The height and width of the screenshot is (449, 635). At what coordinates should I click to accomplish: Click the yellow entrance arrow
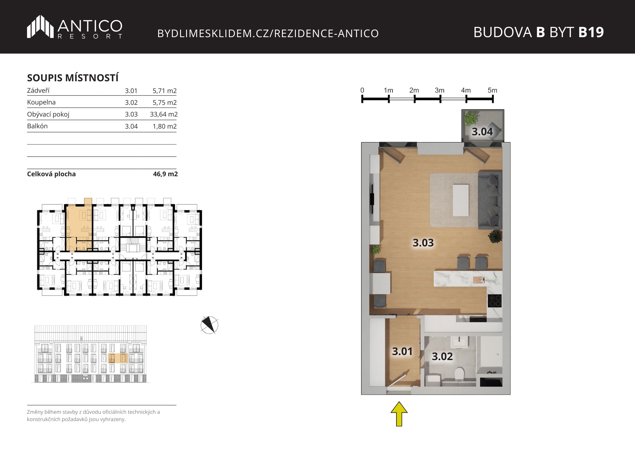[x=399, y=414]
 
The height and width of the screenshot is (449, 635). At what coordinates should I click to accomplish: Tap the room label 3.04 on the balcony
[x=482, y=131]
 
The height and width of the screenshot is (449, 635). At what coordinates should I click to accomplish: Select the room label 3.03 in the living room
[x=423, y=243]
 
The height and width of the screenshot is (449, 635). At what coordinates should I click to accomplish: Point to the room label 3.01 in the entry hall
[x=402, y=351]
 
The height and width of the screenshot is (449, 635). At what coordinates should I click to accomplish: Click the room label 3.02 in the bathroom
[x=442, y=356]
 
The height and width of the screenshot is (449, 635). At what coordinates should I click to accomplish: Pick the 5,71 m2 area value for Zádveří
[x=164, y=91]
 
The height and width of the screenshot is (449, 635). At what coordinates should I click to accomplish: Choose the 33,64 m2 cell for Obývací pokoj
[x=164, y=114]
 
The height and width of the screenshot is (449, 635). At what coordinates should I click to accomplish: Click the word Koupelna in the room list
[x=41, y=102]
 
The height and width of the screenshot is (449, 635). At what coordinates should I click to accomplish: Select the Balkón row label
[x=37, y=126]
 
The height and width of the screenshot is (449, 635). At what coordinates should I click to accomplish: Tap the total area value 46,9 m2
[x=165, y=174]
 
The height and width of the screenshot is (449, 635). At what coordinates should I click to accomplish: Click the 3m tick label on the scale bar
[x=439, y=90]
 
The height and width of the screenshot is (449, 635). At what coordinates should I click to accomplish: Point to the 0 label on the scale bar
[x=362, y=90]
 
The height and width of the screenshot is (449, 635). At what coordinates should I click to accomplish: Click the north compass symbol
[x=209, y=325]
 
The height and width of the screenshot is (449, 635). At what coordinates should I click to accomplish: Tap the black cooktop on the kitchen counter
[x=495, y=300]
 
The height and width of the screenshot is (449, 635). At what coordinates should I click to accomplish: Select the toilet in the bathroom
[x=459, y=373]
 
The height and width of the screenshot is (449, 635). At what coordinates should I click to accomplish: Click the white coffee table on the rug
[x=461, y=200]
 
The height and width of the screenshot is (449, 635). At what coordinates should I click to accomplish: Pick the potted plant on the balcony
[x=471, y=118]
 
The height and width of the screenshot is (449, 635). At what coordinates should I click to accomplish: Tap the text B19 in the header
[x=591, y=32]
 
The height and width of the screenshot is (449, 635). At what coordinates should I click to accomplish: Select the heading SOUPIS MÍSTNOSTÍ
[x=73, y=78]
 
